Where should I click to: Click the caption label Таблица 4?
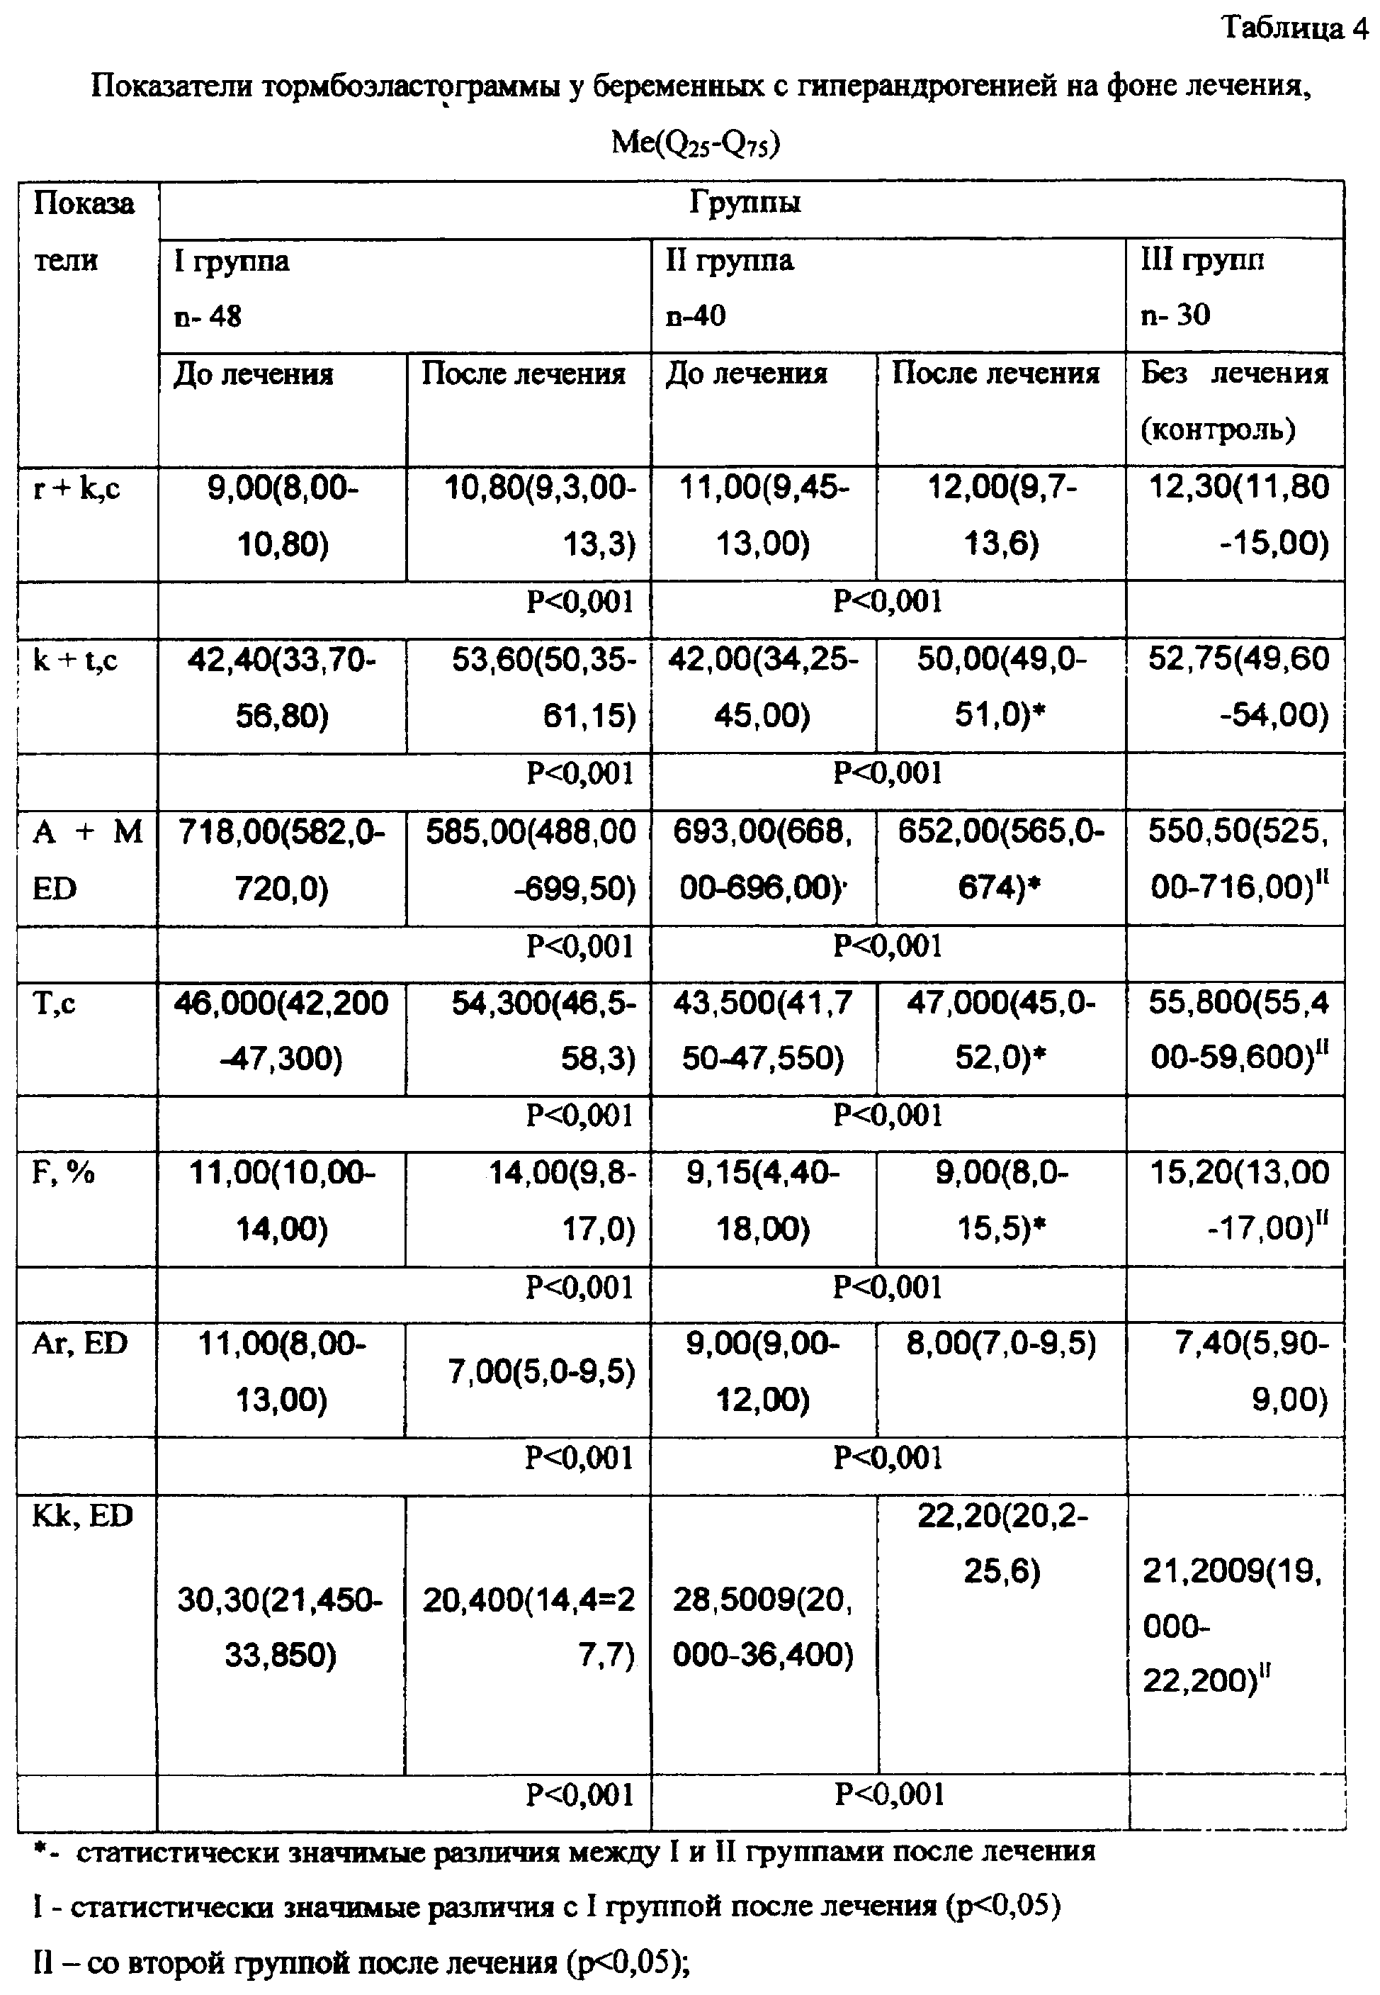(x=1294, y=28)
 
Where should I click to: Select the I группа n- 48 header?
(x=232, y=288)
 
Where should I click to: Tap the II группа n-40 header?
(x=729, y=287)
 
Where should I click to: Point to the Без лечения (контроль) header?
(x=1234, y=400)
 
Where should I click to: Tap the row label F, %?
(x=63, y=1174)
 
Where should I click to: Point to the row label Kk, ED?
(x=82, y=1516)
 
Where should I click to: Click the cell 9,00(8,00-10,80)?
(x=282, y=516)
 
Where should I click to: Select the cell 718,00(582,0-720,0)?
(x=282, y=860)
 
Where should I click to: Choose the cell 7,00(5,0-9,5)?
(x=541, y=1371)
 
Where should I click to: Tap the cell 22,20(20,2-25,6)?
(x=1002, y=1544)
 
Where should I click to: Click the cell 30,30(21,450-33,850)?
(x=280, y=1627)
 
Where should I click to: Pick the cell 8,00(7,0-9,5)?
(x=1001, y=1344)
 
